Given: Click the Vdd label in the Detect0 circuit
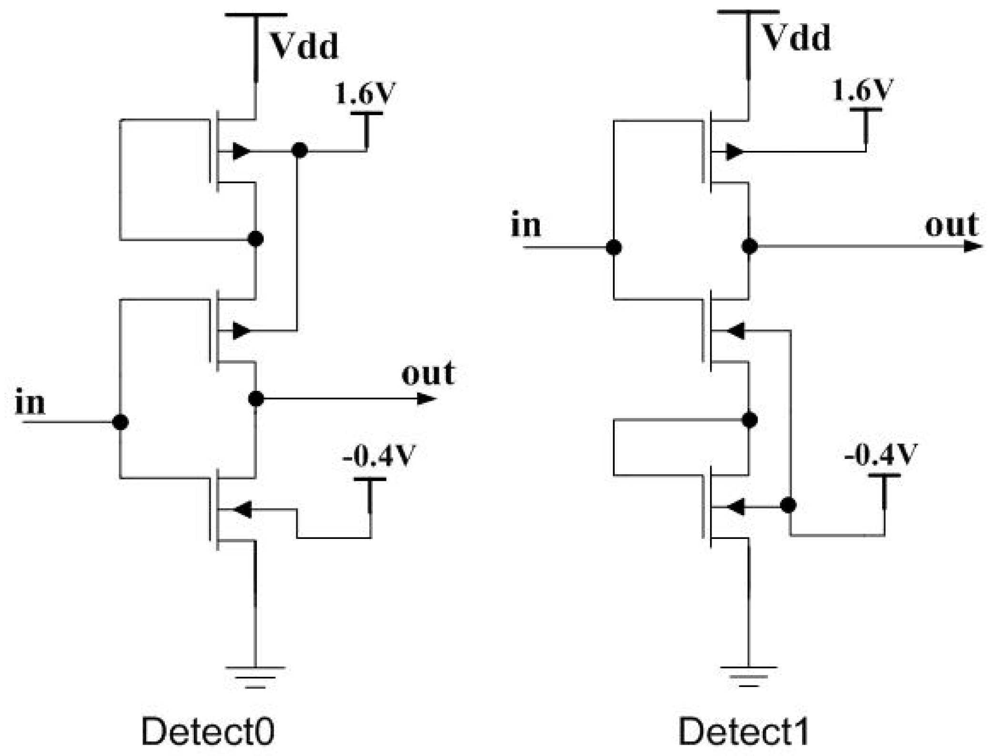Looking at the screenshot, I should pyautogui.click(x=304, y=46).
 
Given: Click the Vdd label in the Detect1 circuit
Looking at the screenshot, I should pyautogui.click(x=796, y=38).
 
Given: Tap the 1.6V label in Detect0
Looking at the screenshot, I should pyautogui.click(x=365, y=93).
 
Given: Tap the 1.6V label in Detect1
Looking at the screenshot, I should pyautogui.click(x=862, y=90).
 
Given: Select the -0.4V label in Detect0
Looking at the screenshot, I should pyautogui.click(x=379, y=455).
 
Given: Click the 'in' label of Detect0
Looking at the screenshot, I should pyautogui.click(x=30, y=402).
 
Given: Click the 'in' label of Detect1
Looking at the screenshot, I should pyautogui.click(x=526, y=225).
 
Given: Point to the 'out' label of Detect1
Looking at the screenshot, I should pyautogui.click(x=951, y=225).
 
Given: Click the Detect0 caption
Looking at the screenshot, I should pyautogui.click(x=208, y=732).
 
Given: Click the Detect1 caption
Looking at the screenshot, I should pyautogui.click(x=743, y=732).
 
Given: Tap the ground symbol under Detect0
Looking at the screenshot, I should pyautogui.click(x=255, y=677).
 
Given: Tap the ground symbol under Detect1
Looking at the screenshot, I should pyautogui.click(x=748, y=676).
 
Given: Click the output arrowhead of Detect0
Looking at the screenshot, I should pyautogui.click(x=426, y=398).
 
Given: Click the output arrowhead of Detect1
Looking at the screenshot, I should pyautogui.click(x=972, y=246).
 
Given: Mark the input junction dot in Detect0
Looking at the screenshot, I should pyautogui.click(x=120, y=422).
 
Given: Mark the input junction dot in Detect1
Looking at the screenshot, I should pyautogui.click(x=614, y=248).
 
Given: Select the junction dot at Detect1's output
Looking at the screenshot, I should pyautogui.click(x=749, y=246).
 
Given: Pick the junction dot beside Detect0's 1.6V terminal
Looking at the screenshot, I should pyautogui.click(x=299, y=150).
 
